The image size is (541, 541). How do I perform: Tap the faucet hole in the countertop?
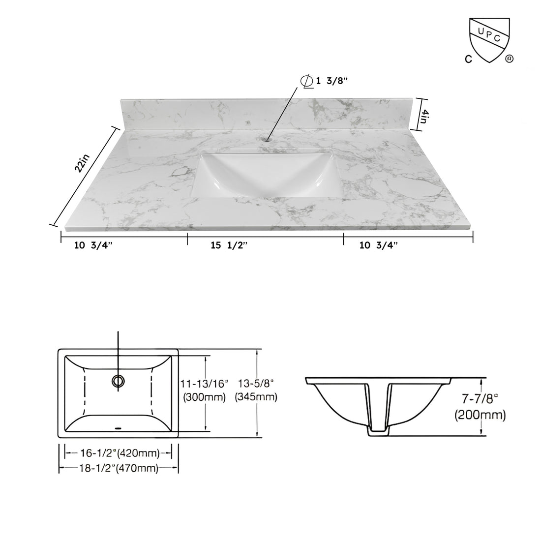(267, 139)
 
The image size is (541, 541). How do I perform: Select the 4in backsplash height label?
(425, 117)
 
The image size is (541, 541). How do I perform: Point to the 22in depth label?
(83, 163)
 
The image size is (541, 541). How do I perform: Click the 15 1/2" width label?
(229, 246)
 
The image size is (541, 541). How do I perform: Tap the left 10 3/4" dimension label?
(93, 246)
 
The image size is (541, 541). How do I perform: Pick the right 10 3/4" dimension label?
(379, 246)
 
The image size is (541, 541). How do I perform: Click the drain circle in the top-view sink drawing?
(119, 380)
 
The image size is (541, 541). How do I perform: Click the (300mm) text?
(204, 397)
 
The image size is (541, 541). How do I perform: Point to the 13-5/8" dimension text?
(256, 383)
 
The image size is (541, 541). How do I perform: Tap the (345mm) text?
(256, 397)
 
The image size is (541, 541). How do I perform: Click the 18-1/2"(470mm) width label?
(118, 469)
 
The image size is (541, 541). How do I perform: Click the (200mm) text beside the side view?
(479, 415)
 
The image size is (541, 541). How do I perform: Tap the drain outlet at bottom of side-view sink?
(379, 431)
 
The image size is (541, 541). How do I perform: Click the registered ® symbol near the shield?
(510, 59)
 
